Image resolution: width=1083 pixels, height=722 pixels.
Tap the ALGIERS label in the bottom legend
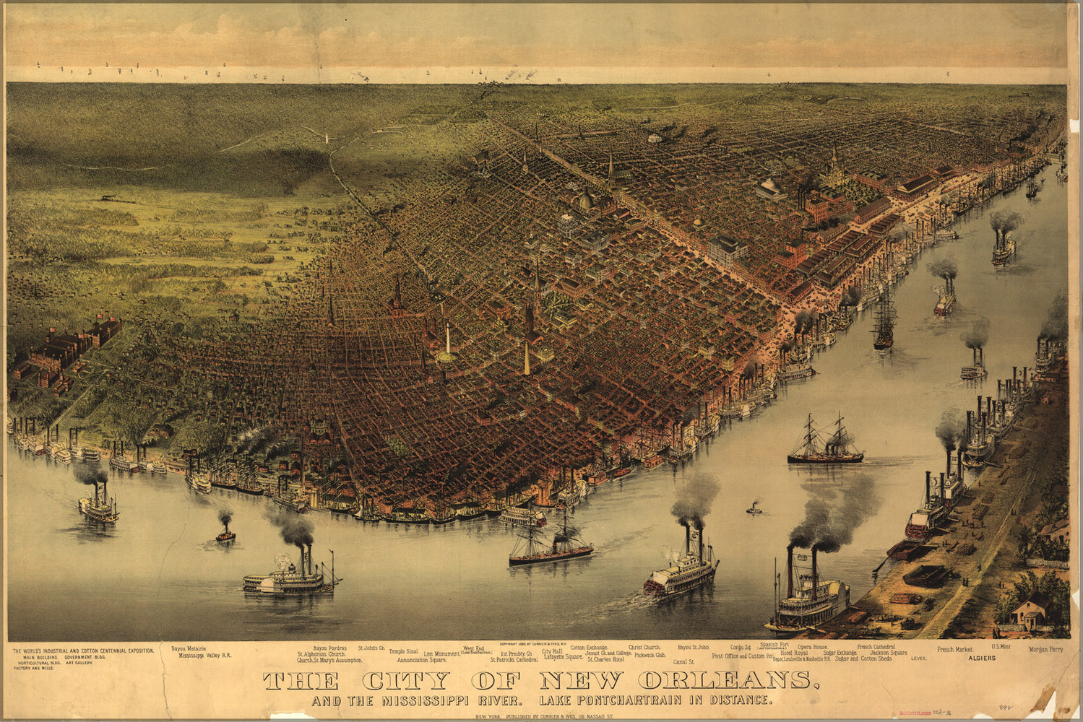click(x=982, y=658)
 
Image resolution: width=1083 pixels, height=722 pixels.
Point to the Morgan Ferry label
click(x=1046, y=650)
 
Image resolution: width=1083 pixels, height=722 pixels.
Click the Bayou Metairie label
click(x=189, y=649)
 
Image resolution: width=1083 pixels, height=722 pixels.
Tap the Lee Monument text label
click(x=441, y=654)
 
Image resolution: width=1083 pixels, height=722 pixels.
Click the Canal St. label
click(x=683, y=661)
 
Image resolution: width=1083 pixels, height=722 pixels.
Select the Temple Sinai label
click(x=403, y=651)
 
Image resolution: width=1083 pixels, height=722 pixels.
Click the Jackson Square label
click(x=888, y=653)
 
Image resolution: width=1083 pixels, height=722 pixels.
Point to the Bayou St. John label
click(x=693, y=648)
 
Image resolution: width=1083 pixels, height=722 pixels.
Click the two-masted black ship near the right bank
click(x=825, y=442)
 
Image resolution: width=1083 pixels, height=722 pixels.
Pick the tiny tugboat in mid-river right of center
click(x=754, y=509)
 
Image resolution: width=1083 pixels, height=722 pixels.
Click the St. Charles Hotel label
click(x=605, y=659)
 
